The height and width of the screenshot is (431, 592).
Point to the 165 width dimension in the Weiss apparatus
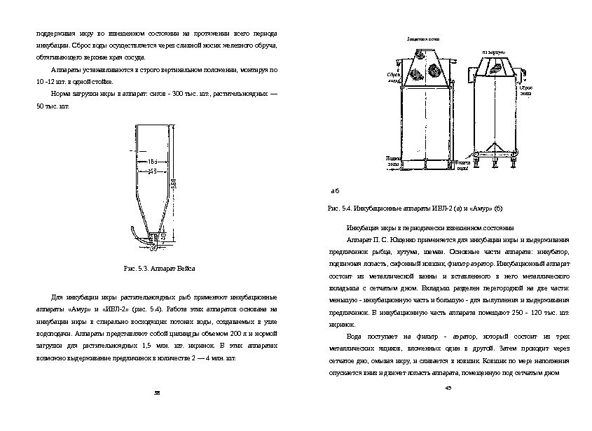[x=153, y=162]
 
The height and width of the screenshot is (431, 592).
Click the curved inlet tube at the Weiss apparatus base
[x=135, y=236]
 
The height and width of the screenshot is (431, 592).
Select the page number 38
[x=158, y=393]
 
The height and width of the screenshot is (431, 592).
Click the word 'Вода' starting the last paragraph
[x=354, y=336]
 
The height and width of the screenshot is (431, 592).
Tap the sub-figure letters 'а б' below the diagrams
[x=334, y=190]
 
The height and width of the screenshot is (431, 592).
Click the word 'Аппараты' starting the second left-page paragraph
[x=65, y=71]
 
